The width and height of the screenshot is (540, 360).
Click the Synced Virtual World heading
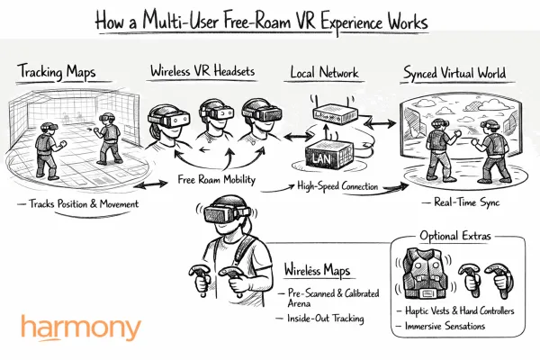pyautogui.click(x=454, y=71)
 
